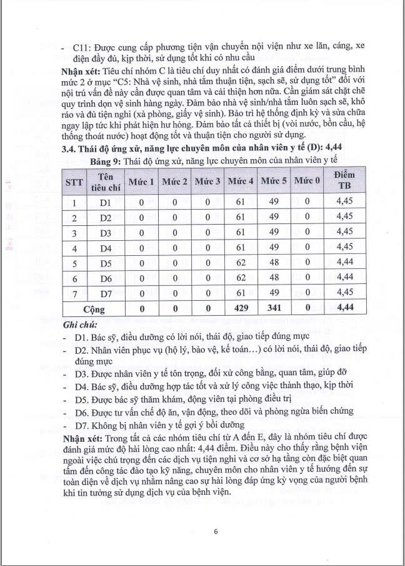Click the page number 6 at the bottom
point(215,532)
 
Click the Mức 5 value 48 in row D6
point(274,278)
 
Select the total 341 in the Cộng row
point(274,308)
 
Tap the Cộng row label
point(94,308)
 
